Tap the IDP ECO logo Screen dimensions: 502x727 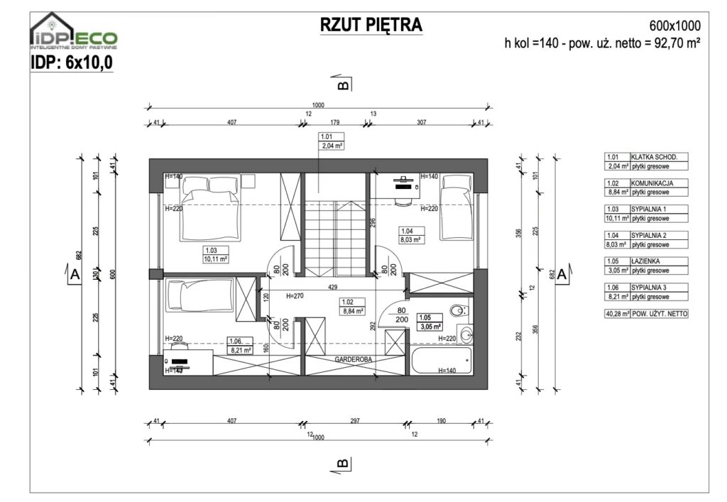[74, 36]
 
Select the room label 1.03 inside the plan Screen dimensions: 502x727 [211, 250]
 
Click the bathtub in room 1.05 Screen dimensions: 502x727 [440, 359]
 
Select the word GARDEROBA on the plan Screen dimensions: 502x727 [355, 360]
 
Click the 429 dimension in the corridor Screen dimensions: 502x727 [332, 287]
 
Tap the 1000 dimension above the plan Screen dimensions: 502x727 [317, 105]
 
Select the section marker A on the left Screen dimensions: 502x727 [74, 273]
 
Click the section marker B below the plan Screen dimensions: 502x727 [341, 464]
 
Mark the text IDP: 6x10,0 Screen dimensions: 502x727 [72, 62]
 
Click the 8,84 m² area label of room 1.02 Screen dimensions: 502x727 [354, 311]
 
